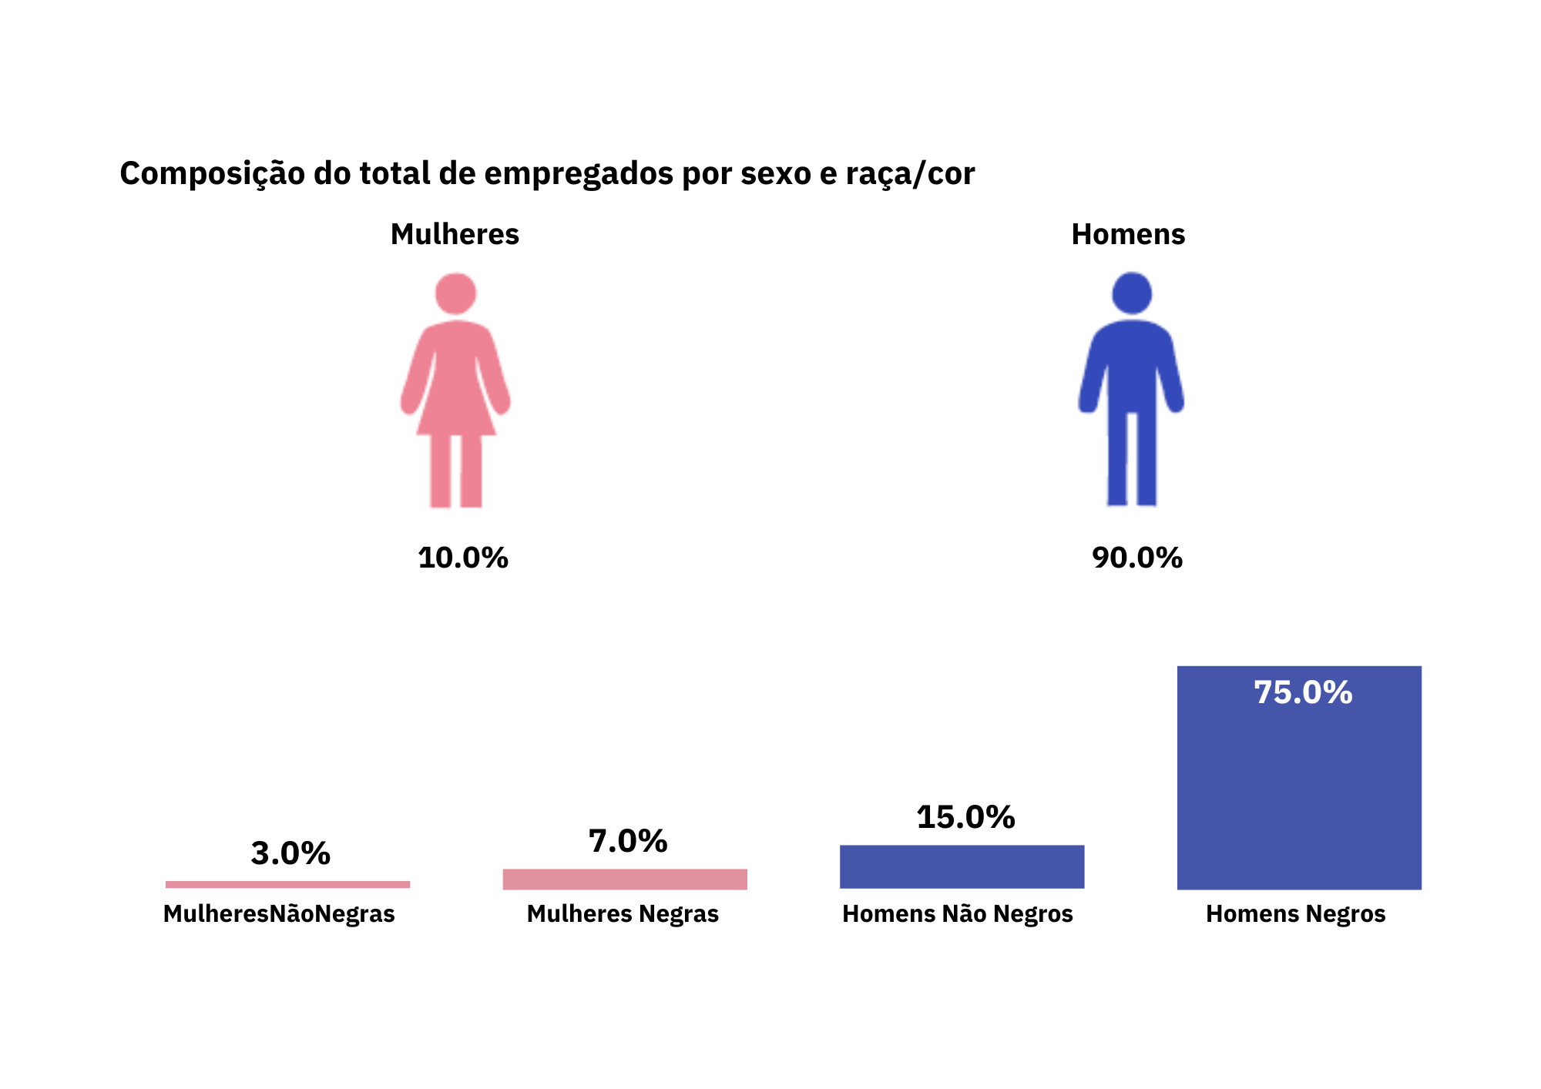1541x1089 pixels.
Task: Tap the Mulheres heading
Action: [x=455, y=234]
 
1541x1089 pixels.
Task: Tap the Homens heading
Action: [x=1128, y=234]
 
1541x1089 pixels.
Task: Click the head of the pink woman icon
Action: [x=455, y=293]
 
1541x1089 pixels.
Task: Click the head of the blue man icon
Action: [x=1131, y=293]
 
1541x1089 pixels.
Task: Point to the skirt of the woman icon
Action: [x=456, y=400]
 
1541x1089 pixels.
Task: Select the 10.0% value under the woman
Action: [x=463, y=558]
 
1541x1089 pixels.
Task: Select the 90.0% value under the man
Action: [x=1137, y=558]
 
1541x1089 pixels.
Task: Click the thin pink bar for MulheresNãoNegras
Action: [x=287, y=884]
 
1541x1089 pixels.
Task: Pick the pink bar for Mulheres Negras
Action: [x=625, y=879]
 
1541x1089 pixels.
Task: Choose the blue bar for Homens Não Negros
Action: [x=962, y=866]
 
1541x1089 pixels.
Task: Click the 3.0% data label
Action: [x=290, y=853]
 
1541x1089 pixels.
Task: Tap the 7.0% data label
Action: [x=628, y=841]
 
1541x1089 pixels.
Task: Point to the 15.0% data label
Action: [x=965, y=817]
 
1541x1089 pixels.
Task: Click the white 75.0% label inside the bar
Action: [x=1303, y=692]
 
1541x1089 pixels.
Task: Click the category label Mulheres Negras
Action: [x=623, y=914]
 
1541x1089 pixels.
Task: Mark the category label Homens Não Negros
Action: [x=957, y=914]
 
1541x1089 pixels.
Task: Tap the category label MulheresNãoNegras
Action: [x=279, y=914]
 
